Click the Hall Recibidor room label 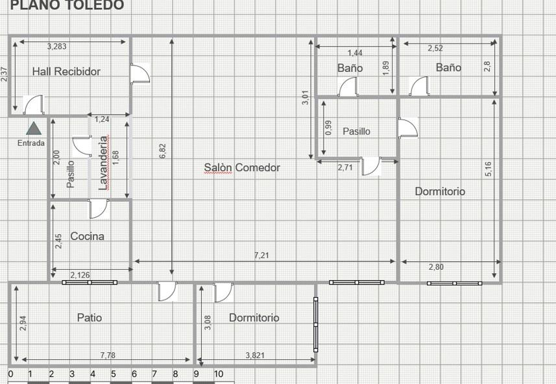point(66,71)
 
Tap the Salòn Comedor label point(242,167)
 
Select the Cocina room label point(87,236)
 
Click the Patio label point(90,317)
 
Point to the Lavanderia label point(103,163)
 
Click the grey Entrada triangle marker point(34,128)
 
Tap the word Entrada point(31,143)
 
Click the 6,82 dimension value point(163,150)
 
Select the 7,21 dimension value point(261,256)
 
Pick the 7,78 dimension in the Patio point(108,355)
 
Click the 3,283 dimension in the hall point(56,47)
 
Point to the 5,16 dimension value point(489,169)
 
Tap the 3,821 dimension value point(255,355)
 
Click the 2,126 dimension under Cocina point(80,275)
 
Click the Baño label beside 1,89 point(350,67)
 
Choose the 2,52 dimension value point(435,48)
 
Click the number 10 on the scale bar point(219,374)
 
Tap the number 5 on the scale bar point(114,374)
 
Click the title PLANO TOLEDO point(67,5)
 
